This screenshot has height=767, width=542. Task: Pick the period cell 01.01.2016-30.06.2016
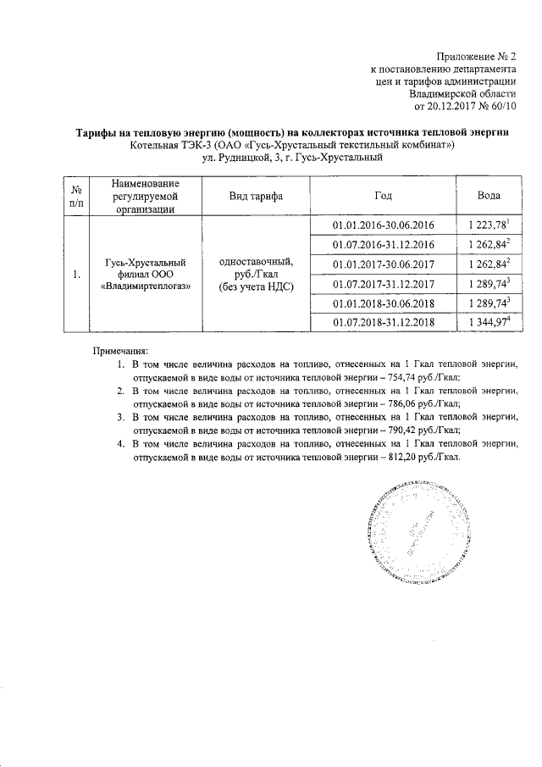[384, 225]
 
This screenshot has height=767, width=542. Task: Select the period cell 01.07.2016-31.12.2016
[384, 244]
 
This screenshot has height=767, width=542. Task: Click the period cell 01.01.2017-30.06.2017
[384, 264]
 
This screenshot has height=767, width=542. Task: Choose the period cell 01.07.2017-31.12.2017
[384, 283]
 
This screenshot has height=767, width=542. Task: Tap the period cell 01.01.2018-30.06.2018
[384, 303]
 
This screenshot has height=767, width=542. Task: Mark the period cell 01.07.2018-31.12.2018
[384, 322]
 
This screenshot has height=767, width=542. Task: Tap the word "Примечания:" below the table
[119, 350]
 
